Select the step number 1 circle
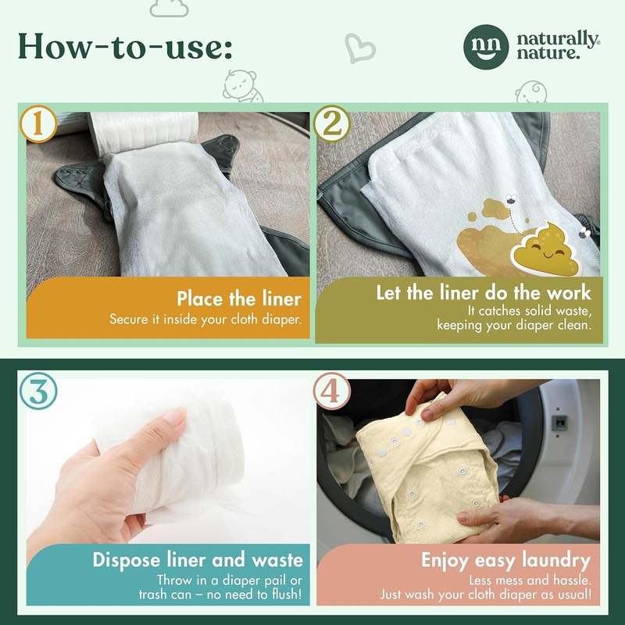[x=37, y=124]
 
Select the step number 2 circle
[x=329, y=124]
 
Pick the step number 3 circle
[x=37, y=391]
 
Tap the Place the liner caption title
[x=238, y=299]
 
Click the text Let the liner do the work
[x=484, y=293]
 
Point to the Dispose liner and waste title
[x=198, y=559]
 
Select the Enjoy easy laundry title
[x=505, y=559]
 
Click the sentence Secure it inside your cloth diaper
[x=205, y=320]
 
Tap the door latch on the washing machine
[x=559, y=422]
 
